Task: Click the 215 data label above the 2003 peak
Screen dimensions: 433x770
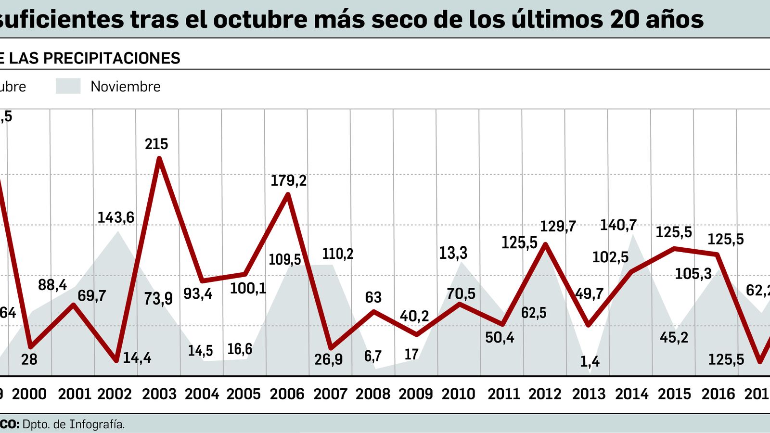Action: coord(156,144)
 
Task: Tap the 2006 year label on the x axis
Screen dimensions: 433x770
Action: coord(287,394)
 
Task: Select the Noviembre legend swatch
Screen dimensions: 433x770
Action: coord(68,86)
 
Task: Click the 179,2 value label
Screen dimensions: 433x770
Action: coord(288,180)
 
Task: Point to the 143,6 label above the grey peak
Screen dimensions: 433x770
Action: coord(116,217)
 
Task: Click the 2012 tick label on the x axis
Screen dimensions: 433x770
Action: coord(545,394)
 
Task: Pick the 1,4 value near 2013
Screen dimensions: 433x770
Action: coord(590,361)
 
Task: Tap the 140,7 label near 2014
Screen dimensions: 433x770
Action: coord(618,225)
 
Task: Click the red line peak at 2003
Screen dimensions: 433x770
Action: coord(159,159)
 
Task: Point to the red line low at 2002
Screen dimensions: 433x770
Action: coord(116,360)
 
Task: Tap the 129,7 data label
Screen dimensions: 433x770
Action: coord(558,226)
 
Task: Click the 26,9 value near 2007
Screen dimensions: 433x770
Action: coord(328,359)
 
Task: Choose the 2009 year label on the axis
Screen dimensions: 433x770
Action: coord(416,394)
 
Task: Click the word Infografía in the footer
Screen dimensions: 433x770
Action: coord(97,424)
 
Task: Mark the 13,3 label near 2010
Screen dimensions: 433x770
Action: coord(453,253)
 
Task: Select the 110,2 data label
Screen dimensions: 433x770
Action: coord(337,254)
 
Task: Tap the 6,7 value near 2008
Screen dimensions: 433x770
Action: coord(373,356)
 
